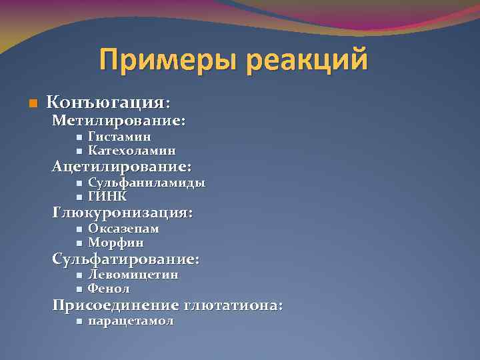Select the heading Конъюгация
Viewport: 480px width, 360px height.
coord(107,103)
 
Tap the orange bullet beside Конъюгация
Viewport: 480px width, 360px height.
coord(32,104)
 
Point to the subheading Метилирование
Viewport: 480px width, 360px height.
coord(119,121)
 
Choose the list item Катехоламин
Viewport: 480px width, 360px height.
coord(132,151)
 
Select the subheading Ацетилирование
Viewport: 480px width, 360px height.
coord(122,167)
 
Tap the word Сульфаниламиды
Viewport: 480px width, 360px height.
coord(147,183)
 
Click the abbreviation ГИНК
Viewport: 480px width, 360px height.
coord(107,197)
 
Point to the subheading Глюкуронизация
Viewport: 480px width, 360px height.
coord(123,213)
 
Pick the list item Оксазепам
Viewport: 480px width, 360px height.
coord(124,229)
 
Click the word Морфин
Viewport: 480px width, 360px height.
coord(116,243)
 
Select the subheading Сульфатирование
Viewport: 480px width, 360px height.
coord(126,259)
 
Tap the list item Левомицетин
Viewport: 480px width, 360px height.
coord(133,275)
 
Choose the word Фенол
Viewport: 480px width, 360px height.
coord(109,289)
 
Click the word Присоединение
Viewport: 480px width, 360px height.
coord(115,305)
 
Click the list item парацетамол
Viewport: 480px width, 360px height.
coord(131,321)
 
